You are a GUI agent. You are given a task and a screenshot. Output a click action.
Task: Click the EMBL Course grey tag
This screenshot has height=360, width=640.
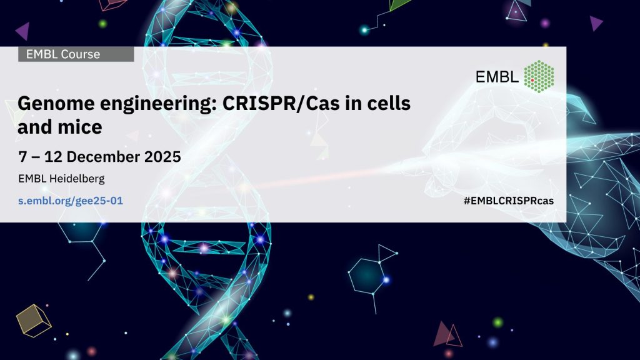point(76,54)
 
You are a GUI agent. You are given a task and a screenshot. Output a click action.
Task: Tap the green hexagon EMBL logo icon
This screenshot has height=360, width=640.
point(539,76)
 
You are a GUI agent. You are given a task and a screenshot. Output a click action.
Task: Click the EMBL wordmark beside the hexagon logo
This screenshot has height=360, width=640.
point(497,77)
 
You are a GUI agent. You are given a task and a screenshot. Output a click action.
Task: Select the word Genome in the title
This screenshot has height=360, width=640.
point(56,104)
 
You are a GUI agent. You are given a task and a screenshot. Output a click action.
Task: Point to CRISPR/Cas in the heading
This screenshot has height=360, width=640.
point(281,103)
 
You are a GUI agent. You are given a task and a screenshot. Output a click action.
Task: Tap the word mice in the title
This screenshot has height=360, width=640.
point(79,127)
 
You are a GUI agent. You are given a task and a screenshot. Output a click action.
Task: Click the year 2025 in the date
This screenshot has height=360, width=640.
point(162,157)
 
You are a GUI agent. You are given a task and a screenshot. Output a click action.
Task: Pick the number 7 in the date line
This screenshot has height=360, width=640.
point(22,157)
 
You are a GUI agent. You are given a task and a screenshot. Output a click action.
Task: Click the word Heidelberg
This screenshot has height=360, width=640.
point(77,179)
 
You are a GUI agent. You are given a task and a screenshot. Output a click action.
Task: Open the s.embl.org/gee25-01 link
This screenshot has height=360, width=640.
point(71,201)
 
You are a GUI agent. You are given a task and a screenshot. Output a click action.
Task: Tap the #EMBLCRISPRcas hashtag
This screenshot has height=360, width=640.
point(509,201)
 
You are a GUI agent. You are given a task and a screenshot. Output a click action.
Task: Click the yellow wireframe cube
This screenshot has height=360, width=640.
point(34,321)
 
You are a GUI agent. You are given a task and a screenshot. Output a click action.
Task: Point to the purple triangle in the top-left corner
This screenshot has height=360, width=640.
point(23,31)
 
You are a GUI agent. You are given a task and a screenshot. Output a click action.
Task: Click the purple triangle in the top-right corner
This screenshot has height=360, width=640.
point(596,23)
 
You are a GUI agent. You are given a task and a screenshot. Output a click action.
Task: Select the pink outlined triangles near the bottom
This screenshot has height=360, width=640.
point(447,335)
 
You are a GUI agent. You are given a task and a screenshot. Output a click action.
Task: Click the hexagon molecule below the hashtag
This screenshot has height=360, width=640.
point(366,276)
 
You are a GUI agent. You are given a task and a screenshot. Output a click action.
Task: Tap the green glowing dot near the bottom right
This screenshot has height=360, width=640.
point(497,323)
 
